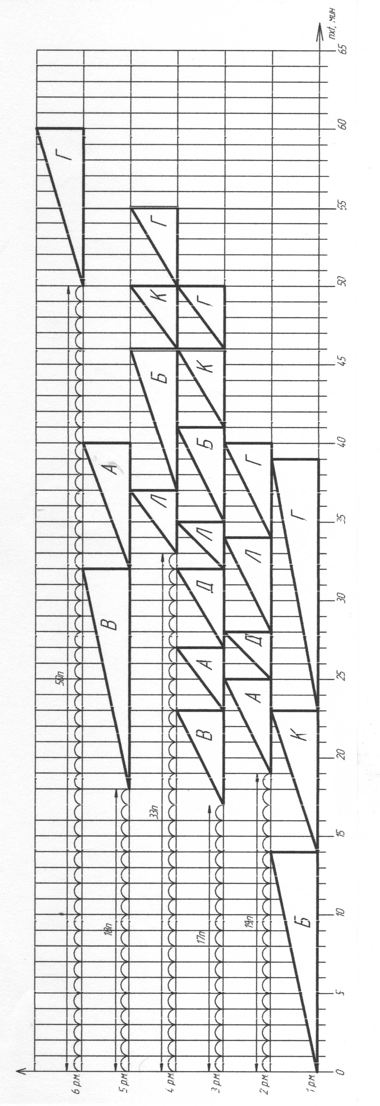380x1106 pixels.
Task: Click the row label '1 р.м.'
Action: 313,1082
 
